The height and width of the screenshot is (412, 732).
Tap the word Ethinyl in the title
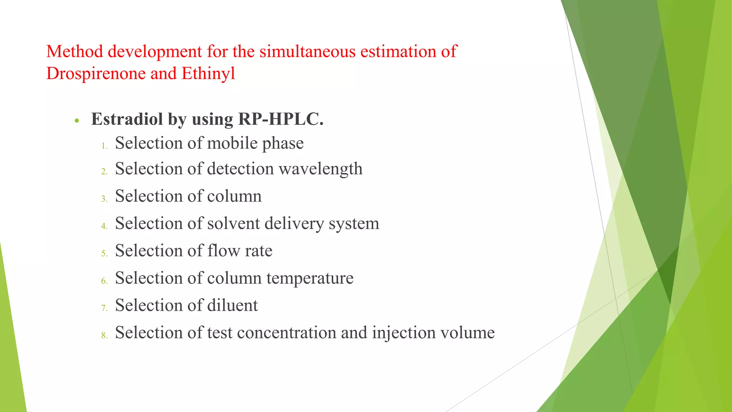[x=208, y=74]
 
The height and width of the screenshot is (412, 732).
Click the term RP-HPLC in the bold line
[x=281, y=119]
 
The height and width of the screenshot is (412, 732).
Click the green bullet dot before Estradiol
[x=76, y=121]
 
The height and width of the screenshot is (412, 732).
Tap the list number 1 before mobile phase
[x=104, y=146]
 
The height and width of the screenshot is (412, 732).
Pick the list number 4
[x=104, y=226]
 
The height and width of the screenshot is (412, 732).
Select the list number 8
[x=104, y=335]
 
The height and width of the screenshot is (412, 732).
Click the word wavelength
[x=320, y=169]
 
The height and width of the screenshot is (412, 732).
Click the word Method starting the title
[x=74, y=51]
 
